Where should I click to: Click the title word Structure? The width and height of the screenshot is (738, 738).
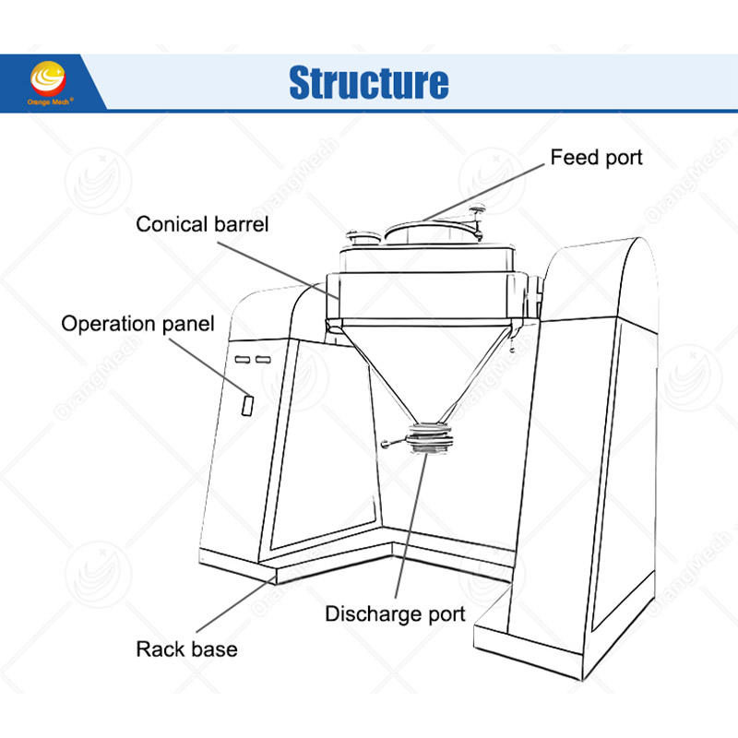[x=369, y=81]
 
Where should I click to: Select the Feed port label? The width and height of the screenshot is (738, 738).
[x=596, y=157]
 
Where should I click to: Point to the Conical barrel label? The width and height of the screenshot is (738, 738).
[x=202, y=223]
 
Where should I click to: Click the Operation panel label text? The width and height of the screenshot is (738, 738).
[x=137, y=324]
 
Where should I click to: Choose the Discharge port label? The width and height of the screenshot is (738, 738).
[x=395, y=613]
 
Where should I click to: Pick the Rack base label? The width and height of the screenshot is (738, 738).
[x=186, y=649]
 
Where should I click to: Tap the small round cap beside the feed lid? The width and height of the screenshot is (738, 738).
[x=361, y=237]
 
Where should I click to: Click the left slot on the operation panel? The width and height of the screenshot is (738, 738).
[x=242, y=358]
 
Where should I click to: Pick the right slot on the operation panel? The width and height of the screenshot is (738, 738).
[x=263, y=358]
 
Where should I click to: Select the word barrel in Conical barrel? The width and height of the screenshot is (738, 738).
[x=238, y=223]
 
